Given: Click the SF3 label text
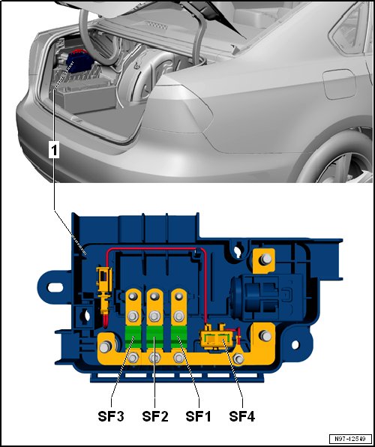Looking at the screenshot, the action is tap(111, 416).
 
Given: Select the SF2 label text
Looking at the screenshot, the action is tap(154, 416).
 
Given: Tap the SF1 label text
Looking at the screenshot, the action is tap(198, 416).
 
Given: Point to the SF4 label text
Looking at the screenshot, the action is tap(241, 416).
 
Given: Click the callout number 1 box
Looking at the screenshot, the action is tap(54, 150).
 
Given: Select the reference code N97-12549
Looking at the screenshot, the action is tap(350, 438).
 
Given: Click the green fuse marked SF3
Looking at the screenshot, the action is tap(133, 337).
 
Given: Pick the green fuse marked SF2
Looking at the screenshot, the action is tap(154, 337).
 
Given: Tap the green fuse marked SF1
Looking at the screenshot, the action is tap(178, 337).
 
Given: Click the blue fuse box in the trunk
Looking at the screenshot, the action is tap(79, 61).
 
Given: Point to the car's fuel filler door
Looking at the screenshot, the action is tap(339, 85).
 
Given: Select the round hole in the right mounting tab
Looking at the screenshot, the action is tap(295, 345).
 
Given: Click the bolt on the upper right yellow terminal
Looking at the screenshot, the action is tap(266, 259).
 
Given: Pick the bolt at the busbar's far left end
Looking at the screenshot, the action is tap(104, 346).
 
